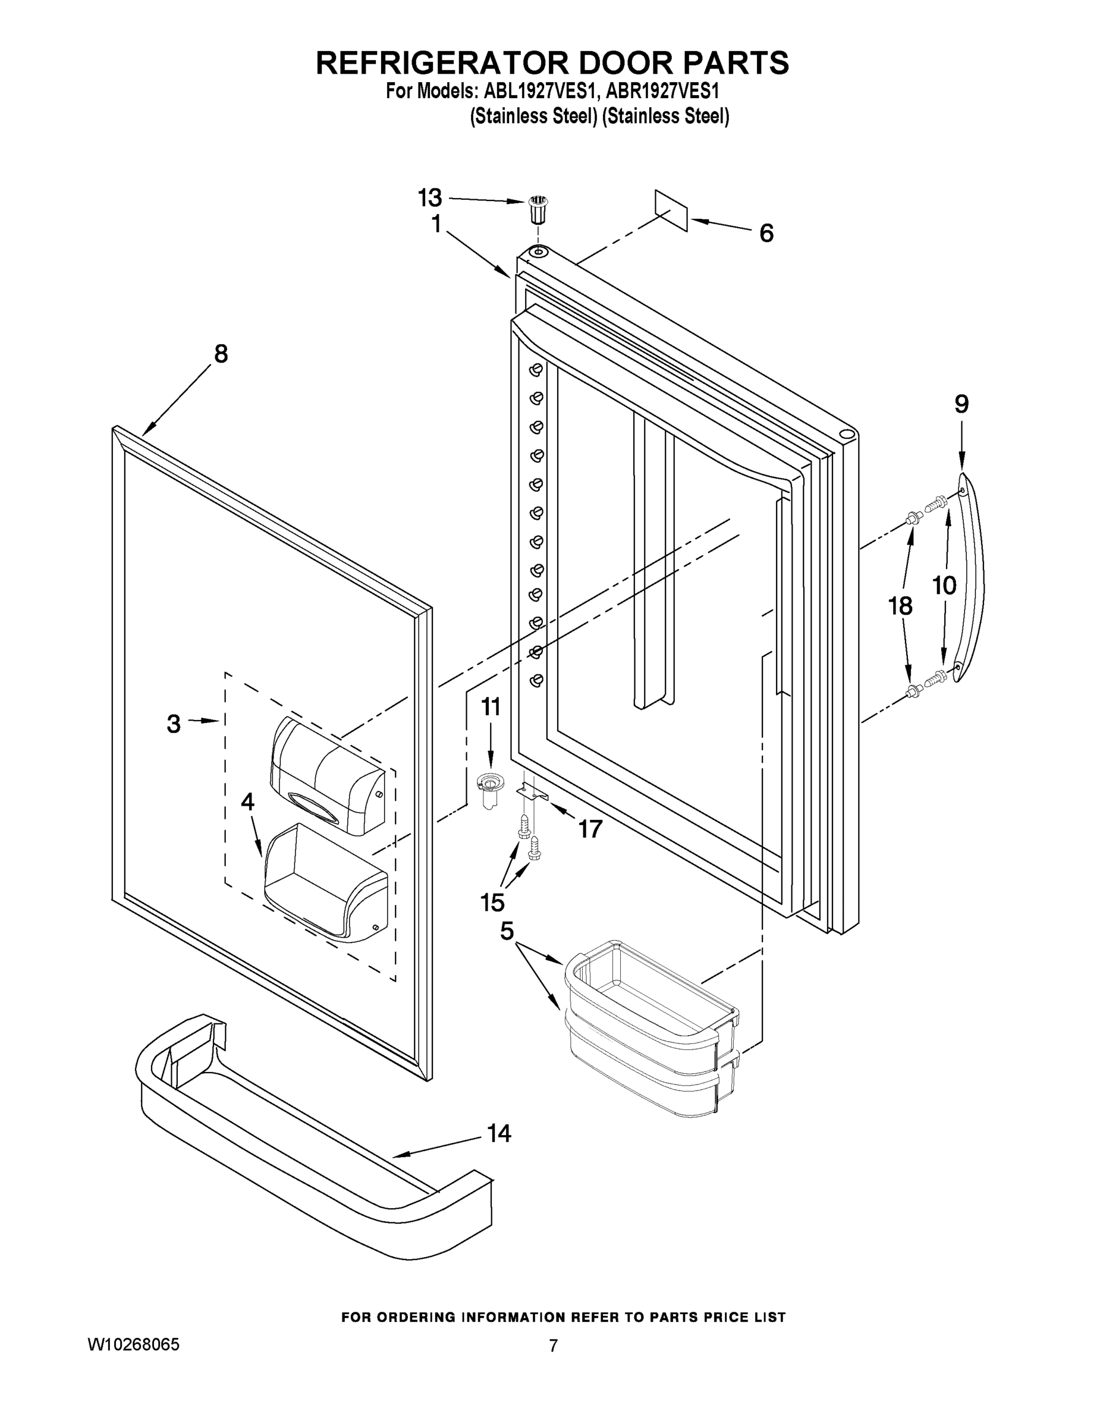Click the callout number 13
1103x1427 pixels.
pyautogui.click(x=430, y=197)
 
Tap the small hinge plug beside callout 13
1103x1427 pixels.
pyautogui.click(x=538, y=209)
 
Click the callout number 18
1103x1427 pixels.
pyautogui.click(x=900, y=606)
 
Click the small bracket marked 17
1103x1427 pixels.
pyautogui.click(x=532, y=793)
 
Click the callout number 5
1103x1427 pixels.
pyautogui.click(x=507, y=932)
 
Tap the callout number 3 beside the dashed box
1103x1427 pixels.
pyautogui.click(x=173, y=723)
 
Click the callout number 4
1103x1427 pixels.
pyautogui.click(x=247, y=801)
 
